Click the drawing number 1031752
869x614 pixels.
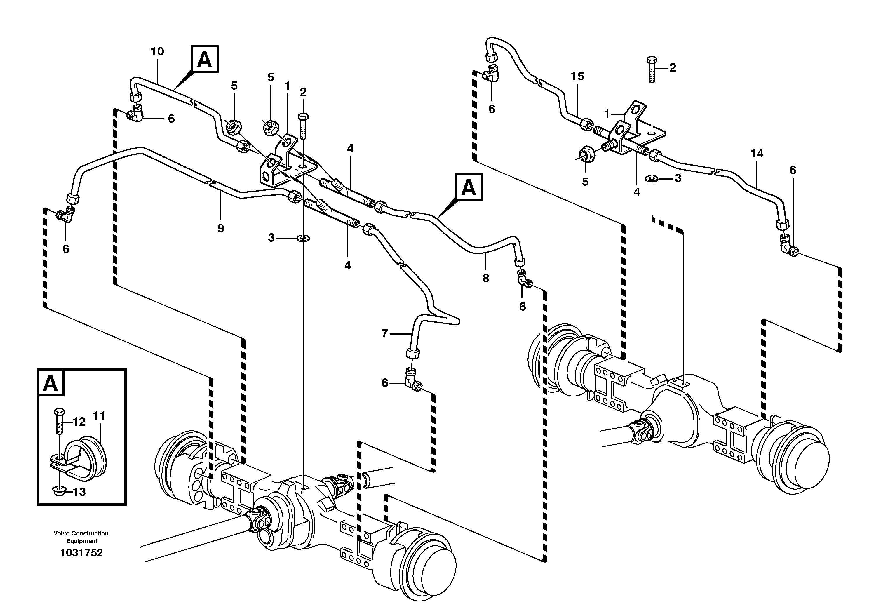[x=81, y=553]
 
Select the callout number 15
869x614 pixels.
[x=577, y=76]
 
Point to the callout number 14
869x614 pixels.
[x=757, y=153]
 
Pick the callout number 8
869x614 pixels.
[x=486, y=278]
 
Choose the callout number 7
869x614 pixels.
[x=384, y=333]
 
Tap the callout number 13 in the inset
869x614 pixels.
[x=79, y=492]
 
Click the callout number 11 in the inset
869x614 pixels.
[x=99, y=416]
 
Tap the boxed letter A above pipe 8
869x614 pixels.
[x=469, y=187]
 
